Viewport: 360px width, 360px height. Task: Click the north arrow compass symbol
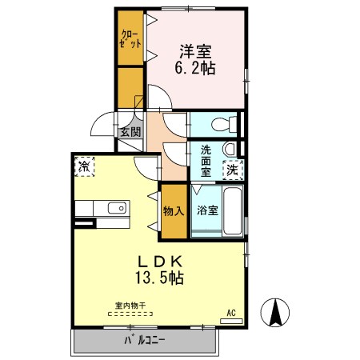pyautogui.click(x=275, y=313)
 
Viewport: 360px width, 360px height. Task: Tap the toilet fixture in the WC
pyautogui.click(x=224, y=124)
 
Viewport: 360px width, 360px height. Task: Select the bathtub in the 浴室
pyautogui.click(x=233, y=211)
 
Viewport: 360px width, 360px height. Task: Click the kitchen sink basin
pyautogui.click(x=117, y=208)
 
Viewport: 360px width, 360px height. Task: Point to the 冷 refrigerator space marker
pyautogui.click(x=84, y=166)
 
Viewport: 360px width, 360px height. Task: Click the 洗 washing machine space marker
pyautogui.click(x=233, y=170)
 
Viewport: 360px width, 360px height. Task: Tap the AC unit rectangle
pyautogui.click(x=231, y=321)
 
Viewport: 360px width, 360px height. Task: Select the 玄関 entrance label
pyautogui.click(x=130, y=132)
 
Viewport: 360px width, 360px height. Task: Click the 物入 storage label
pyautogui.click(x=174, y=211)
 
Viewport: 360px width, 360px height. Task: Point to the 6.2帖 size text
pyautogui.click(x=195, y=68)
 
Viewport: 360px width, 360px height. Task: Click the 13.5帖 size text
pyautogui.click(x=159, y=278)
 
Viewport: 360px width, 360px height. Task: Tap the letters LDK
pyautogui.click(x=160, y=262)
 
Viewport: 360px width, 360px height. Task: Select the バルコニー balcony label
pyautogui.click(x=145, y=341)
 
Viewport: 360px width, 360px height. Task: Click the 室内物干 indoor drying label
pyautogui.click(x=130, y=306)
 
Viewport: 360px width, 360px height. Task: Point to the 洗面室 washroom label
pyautogui.click(x=206, y=161)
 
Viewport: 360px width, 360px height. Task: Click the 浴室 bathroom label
pyautogui.click(x=207, y=210)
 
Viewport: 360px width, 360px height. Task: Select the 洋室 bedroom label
pyautogui.click(x=195, y=52)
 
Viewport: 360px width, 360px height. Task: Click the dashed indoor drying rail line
pyautogui.click(x=130, y=314)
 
